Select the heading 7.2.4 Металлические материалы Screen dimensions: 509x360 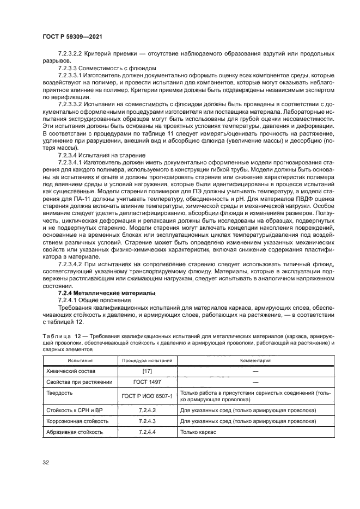coord(99,293)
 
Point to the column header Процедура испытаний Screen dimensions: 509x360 coord(147,360)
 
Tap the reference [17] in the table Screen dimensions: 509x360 coord(147,371)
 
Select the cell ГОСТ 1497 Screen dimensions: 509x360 coord(147,382)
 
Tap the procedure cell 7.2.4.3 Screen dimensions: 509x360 coord(147,421)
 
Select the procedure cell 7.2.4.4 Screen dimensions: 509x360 coord(147,432)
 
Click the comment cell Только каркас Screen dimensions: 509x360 coord(198,432)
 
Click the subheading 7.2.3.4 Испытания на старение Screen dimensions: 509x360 coord(101,155)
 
